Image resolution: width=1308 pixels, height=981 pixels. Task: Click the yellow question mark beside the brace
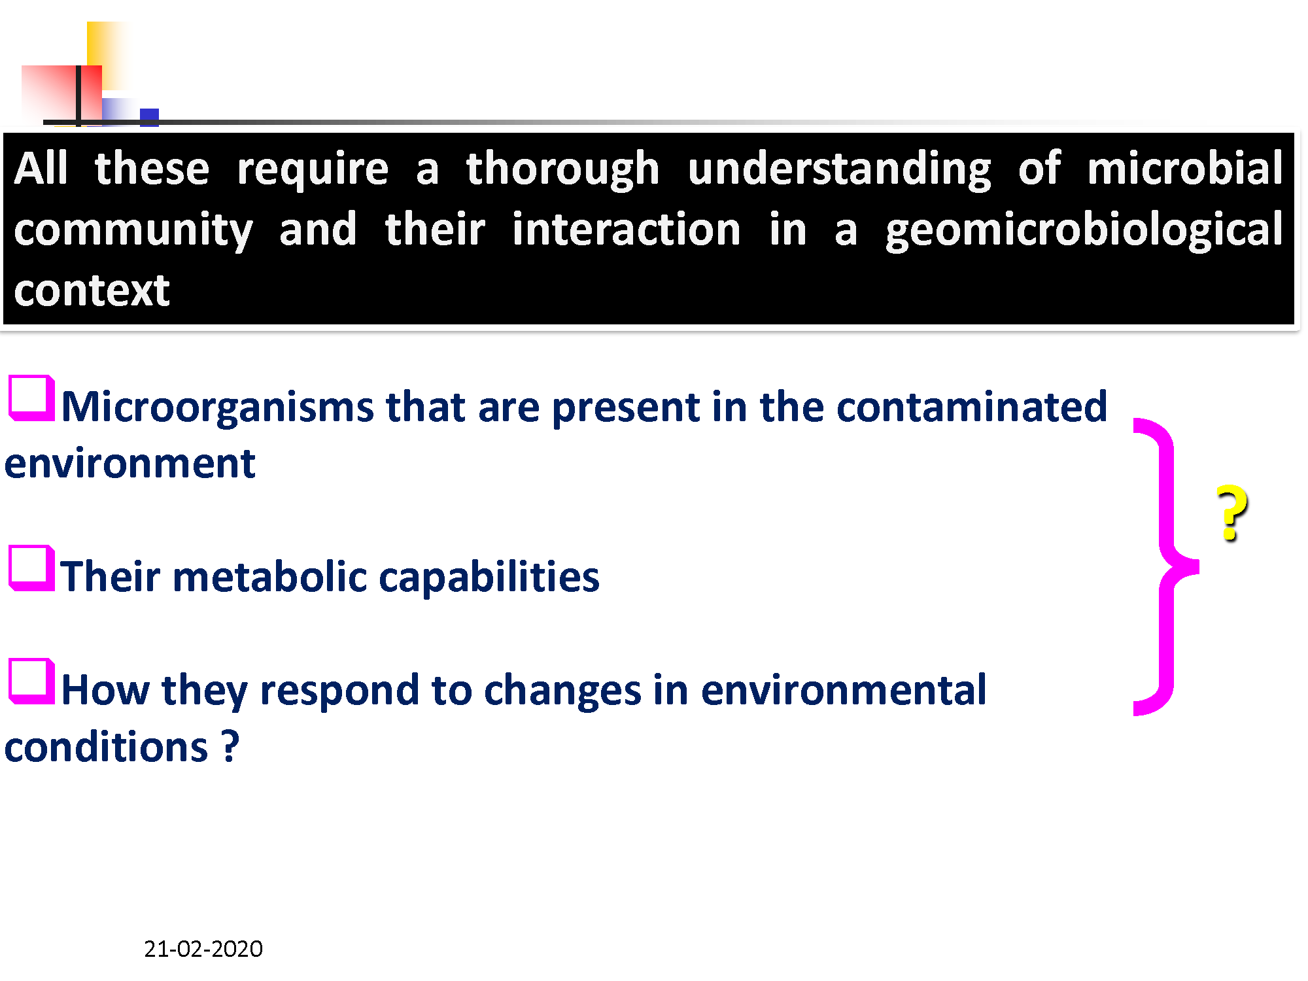click(x=1232, y=513)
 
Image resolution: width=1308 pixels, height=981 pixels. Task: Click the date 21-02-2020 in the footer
click(x=203, y=948)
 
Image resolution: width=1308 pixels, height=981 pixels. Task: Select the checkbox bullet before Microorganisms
click(x=31, y=398)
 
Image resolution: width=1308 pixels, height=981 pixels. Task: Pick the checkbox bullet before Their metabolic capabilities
click(x=31, y=568)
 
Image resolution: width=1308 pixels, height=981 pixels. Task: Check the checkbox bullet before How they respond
click(x=31, y=681)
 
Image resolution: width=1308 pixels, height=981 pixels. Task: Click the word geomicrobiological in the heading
click(x=1084, y=230)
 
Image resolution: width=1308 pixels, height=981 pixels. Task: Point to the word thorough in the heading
click(x=562, y=169)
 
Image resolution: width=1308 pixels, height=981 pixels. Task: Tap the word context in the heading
click(x=92, y=290)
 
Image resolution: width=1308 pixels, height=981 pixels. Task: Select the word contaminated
click(x=972, y=406)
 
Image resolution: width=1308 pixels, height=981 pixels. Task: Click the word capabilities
click(x=489, y=577)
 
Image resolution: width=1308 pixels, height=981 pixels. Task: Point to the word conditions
click(x=107, y=747)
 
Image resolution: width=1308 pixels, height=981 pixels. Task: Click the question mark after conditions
click(x=230, y=746)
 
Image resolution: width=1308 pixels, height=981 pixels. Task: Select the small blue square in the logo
click(x=149, y=118)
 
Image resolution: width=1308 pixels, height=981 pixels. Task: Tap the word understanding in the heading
click(x=839, y=170)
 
